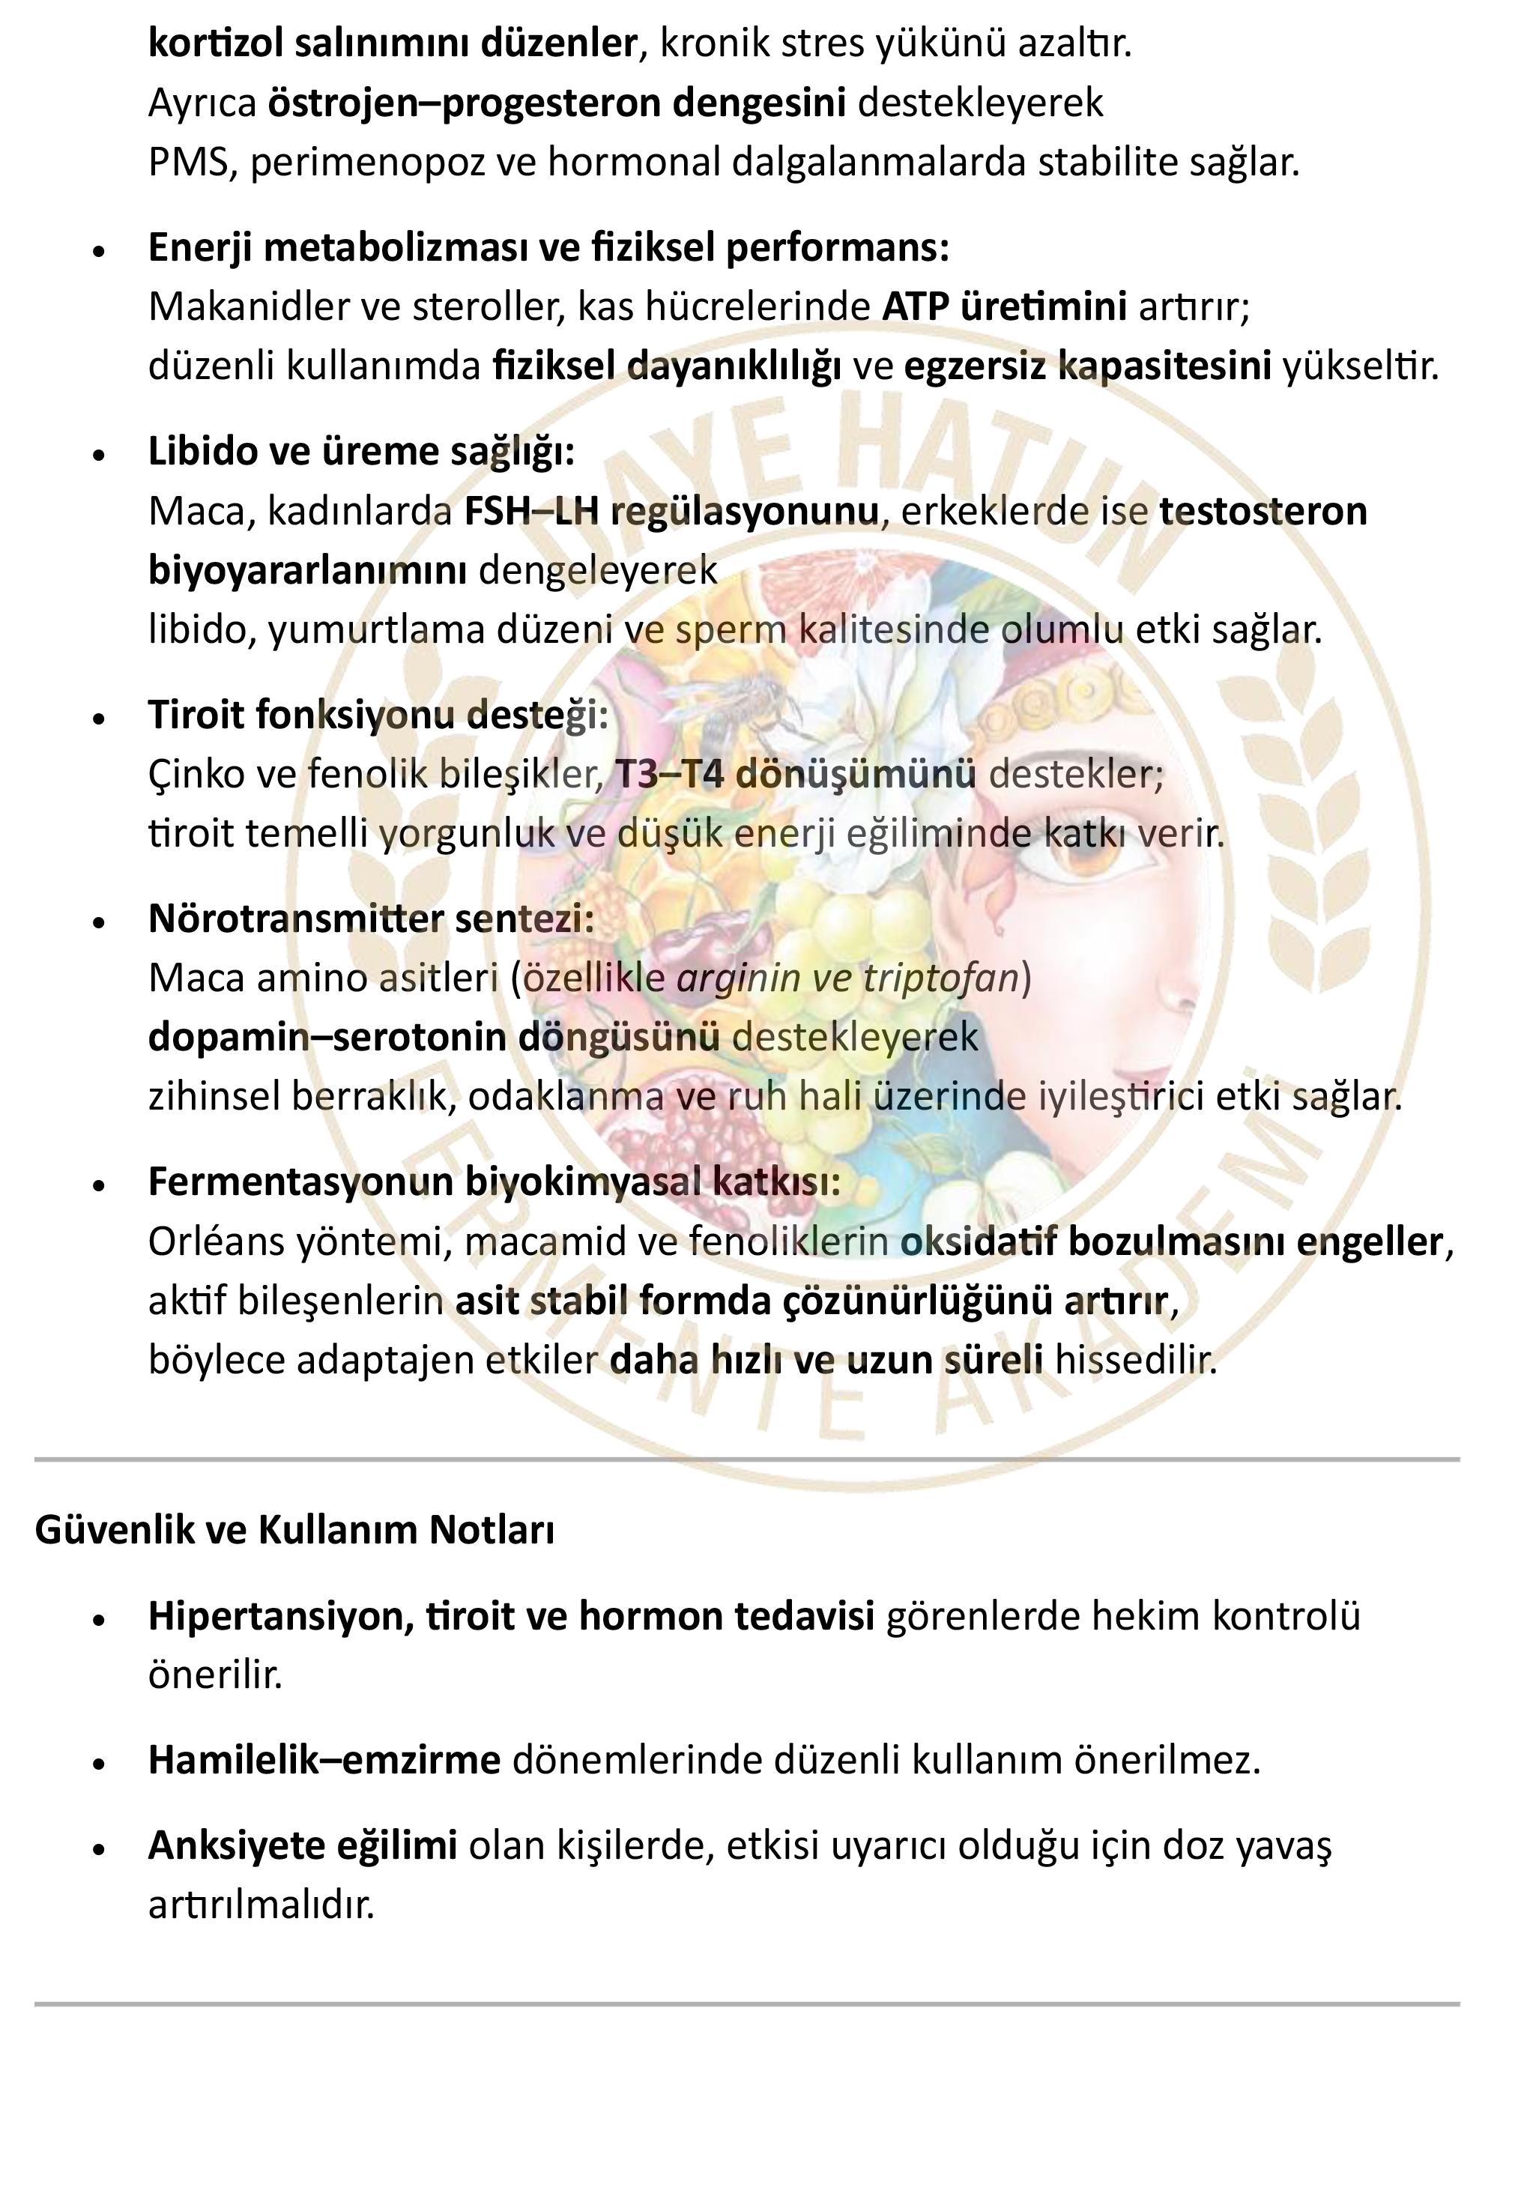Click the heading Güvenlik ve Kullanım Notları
294,1529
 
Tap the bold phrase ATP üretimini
1004,307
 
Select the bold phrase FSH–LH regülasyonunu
671,512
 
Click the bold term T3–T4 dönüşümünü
795,774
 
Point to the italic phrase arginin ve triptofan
847,978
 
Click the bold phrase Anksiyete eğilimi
303,1845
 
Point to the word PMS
193,163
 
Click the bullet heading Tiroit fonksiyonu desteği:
378,715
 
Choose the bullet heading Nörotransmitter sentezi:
371,919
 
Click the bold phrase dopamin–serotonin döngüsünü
433,1037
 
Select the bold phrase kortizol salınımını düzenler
393,43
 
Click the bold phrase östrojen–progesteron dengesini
556,103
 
